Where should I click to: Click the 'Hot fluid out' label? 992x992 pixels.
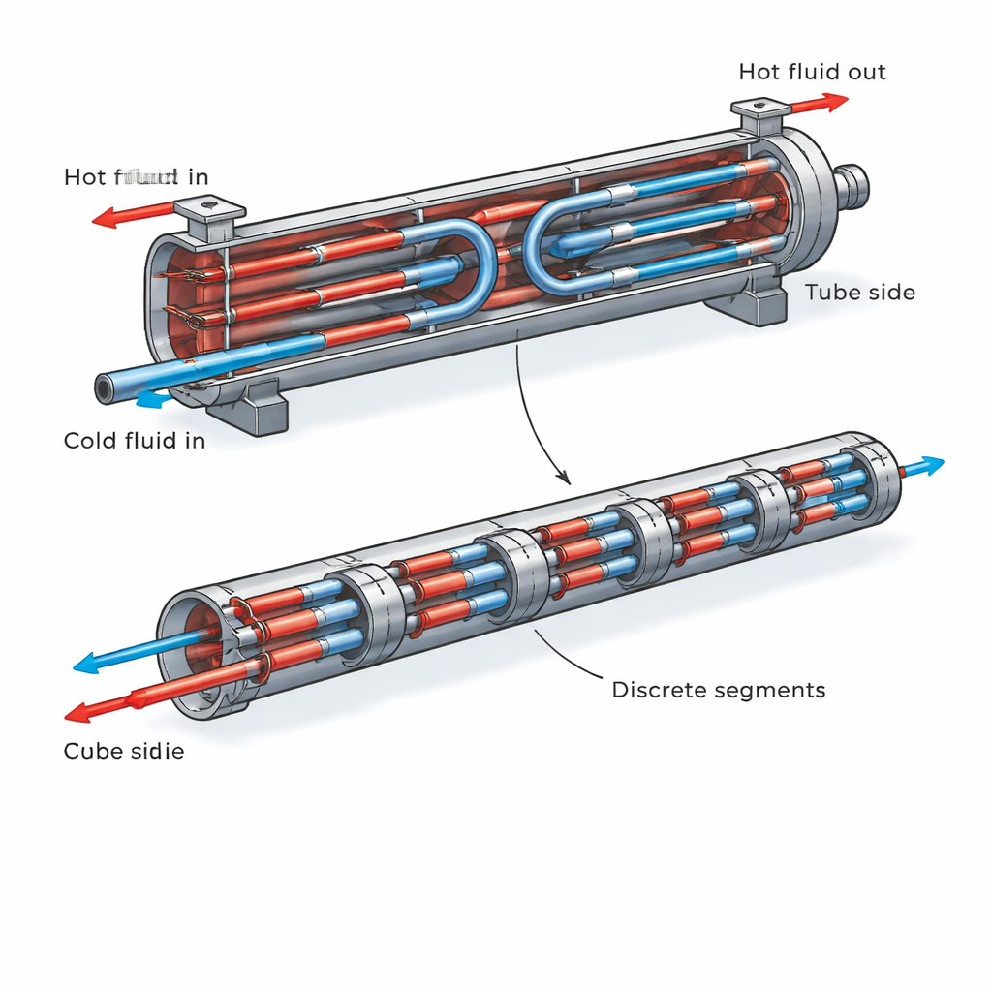pos(812,72)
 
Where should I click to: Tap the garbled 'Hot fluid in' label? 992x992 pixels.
pos(136,176)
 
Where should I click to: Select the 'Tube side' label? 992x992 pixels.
pos(859,292)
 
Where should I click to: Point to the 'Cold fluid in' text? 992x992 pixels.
pos(135,441)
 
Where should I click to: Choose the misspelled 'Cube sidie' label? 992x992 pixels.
pos(123,751)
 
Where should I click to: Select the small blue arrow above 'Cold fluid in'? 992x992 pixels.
pos(153,397)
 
